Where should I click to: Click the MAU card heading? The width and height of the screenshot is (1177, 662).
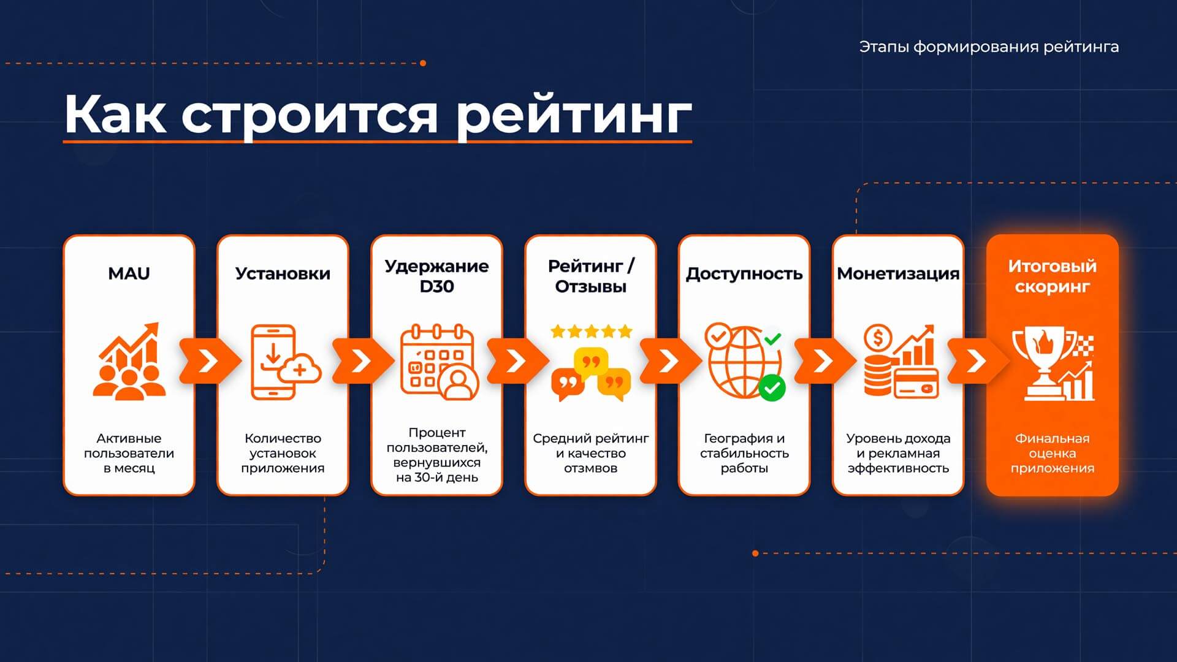[129, 273]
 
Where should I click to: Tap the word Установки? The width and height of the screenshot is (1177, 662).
[283, 274]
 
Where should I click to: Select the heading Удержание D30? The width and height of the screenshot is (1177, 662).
[436, 276]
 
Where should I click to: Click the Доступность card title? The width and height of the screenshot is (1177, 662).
[744, 274]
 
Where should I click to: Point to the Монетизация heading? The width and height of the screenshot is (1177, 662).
[898, 274]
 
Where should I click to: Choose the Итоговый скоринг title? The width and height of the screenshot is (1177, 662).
[1052, 276]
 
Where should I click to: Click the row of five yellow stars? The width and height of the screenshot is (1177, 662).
[591, 332]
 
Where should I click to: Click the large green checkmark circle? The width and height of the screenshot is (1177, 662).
[772, 387]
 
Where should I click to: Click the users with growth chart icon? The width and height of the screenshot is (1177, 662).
[129, 362]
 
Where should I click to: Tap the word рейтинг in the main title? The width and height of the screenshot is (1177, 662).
[574, 115]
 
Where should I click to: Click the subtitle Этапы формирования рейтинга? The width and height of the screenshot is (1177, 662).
[989, 47]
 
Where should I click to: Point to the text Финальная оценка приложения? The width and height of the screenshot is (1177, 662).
[1052, 454]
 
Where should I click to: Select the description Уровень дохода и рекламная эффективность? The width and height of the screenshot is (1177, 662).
[898, 454]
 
